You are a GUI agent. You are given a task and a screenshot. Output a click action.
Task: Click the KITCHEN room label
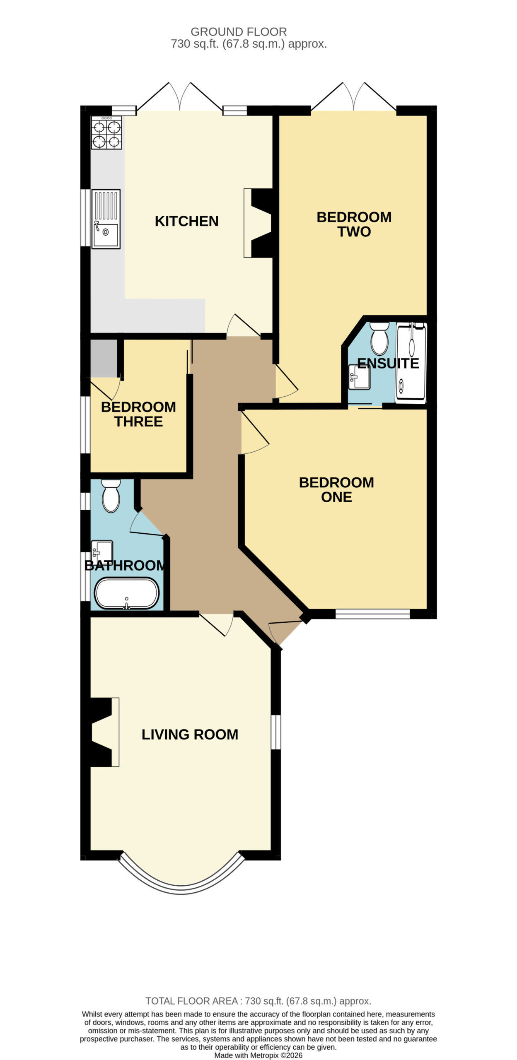pos(186,221)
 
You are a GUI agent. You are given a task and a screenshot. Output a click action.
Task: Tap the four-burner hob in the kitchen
pos(106,132)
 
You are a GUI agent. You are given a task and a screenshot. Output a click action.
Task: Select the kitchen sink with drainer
pos(106,219)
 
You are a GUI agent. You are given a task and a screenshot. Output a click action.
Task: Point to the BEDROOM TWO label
pos(354,224)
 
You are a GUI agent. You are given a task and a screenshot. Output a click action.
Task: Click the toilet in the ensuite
pos(379,338)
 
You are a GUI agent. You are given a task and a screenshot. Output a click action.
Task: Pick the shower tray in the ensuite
pos(411,363)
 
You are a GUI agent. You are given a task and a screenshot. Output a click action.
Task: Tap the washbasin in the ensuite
pos(359,377)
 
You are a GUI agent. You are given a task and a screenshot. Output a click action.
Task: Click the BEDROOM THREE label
pos(138,414)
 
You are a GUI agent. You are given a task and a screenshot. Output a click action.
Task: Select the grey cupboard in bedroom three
pos(104,359)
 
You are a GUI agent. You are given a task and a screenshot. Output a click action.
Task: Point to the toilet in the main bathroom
pos(111,496)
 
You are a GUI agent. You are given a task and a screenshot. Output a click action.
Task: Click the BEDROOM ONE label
pos(336,489)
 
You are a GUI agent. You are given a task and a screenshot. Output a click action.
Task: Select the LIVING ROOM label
pos(190,734)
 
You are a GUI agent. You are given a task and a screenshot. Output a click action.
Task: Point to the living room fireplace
pos(105,732)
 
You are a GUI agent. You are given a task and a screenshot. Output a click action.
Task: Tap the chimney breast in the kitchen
pos(258,223)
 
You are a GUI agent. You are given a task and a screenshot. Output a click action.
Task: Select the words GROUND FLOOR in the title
pos(239,32)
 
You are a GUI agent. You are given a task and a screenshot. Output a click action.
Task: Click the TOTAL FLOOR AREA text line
pos(258,1001)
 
